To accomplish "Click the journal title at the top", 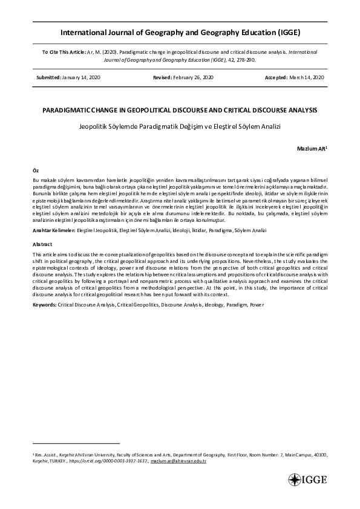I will [x=180, y=32].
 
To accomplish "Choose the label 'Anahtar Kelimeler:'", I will [x=54, y=231].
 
